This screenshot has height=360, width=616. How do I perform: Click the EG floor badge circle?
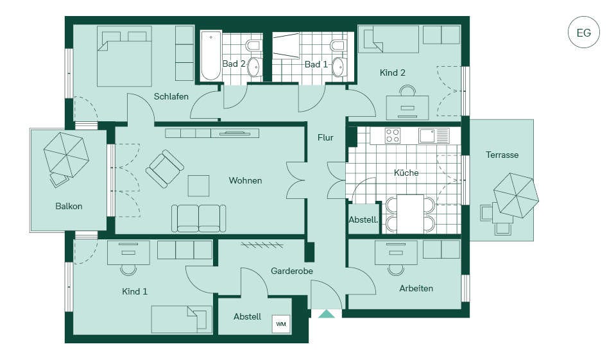click(x=584, y=32)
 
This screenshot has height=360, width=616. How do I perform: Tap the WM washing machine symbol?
click(x=281, y=324)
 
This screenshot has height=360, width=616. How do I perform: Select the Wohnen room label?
click(x=246, y=181)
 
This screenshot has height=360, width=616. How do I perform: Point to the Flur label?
click(x=325, y=137)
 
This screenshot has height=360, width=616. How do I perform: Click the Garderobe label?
click(x=292, y=271)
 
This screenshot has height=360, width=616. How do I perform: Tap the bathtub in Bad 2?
click(x=210, y=56)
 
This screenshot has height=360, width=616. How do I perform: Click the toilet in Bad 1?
click(x=339, y=45)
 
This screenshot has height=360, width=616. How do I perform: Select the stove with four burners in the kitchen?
click(x=393, y=136)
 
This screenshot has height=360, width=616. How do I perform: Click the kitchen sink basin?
click(x=426, y=136)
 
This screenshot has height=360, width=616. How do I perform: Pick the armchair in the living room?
click(x=164, y=168)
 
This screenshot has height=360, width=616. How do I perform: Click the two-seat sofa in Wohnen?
click(x=199, y=218)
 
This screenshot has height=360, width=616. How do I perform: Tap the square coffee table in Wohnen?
click(x=198, y=186)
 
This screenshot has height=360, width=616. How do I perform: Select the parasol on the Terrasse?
click(x=516, y=195)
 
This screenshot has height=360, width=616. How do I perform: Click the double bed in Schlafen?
click(x=124, y=56)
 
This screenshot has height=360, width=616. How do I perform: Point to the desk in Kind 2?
click(x=407, y=107)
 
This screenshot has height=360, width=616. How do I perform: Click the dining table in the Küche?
click(x=411, y=214)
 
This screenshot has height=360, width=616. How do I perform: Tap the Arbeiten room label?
click(x=416, y=289)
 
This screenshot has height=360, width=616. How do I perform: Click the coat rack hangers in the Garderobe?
click(x=262, y=245)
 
